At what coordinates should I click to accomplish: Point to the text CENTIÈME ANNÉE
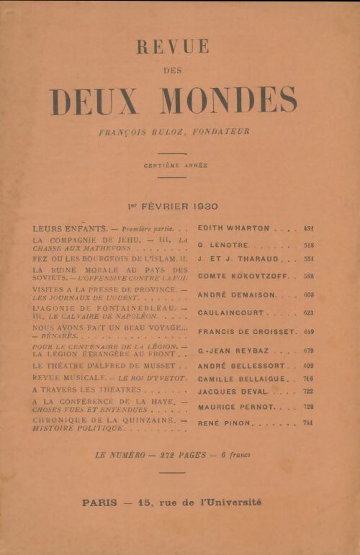pyautogui.click(x=175, y=165)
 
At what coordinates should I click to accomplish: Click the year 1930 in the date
pyautogui.click(x=201, y=207)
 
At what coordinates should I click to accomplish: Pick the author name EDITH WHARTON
pyautogui.click(x=233, y=228)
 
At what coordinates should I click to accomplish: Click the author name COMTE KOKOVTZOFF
pyautogui.click(x=238, y=276)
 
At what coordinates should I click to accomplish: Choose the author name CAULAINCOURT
pyautogui.click(x=230, y=313)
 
